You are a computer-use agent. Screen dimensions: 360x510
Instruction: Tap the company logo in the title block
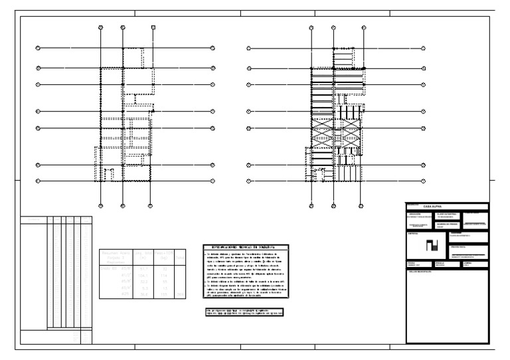click(x=432, y=245)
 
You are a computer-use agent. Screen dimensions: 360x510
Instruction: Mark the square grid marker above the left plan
click(x=153, y=27)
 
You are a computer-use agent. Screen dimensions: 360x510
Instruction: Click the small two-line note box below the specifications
click(x=244, y=310)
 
